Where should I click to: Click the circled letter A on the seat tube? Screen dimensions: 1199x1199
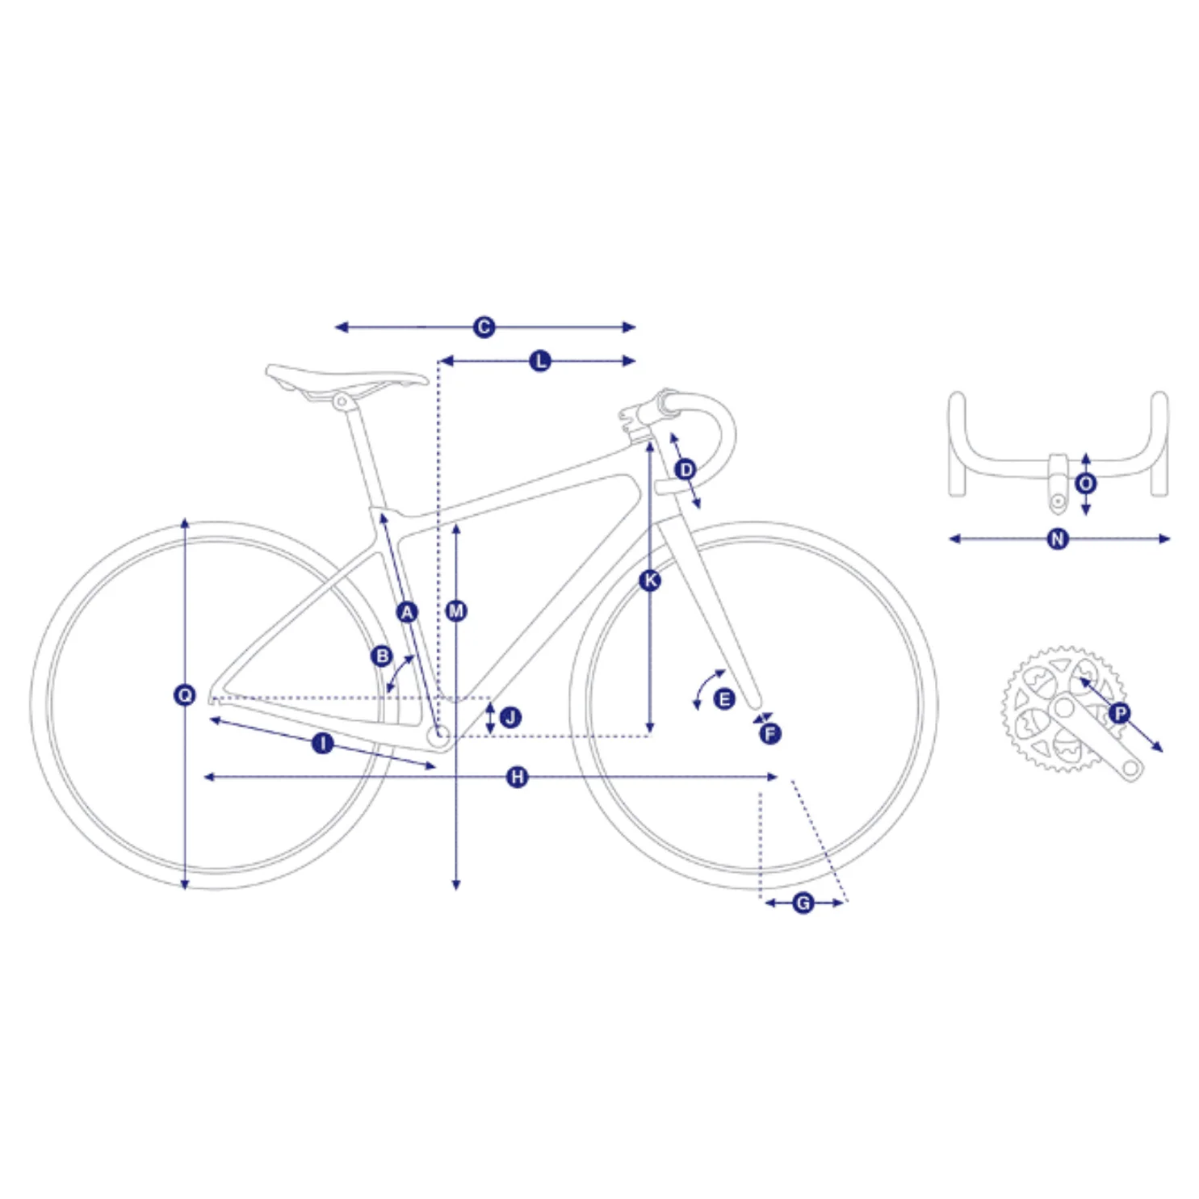407,611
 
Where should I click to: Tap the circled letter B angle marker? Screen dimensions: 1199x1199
382,656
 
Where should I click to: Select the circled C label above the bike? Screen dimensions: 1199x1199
484,327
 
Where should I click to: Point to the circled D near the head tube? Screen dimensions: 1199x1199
685,469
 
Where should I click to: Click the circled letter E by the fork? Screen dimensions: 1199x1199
724,699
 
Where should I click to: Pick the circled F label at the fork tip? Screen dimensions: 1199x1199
769,733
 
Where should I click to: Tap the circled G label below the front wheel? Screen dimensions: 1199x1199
803,902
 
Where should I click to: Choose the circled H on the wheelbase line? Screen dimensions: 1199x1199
517,777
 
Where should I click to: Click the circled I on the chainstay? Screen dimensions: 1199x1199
322,743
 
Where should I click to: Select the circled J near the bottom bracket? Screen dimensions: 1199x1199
510,717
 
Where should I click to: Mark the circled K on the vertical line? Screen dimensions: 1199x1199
650,580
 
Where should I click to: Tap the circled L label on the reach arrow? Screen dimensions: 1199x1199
540,361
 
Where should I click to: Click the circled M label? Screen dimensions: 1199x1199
456,611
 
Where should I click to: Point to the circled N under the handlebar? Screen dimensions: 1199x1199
1058,539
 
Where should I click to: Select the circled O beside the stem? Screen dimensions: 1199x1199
1086,483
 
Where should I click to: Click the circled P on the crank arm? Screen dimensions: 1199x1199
1119,713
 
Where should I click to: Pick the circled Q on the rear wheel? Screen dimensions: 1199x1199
185,694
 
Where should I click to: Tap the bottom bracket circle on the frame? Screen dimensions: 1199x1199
441,735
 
